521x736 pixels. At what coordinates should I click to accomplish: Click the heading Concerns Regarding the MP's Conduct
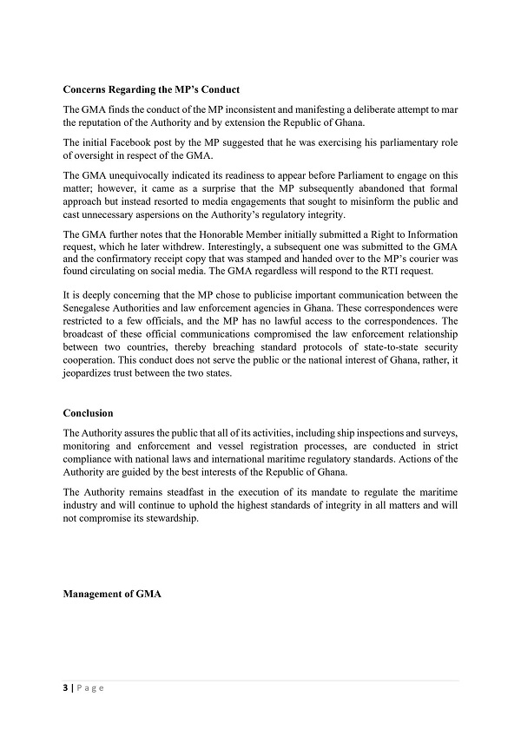(x=152, y=90)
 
